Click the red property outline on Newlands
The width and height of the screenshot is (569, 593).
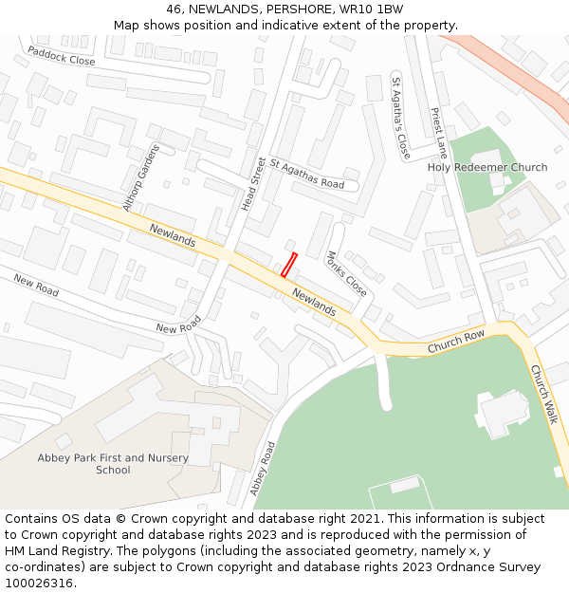click(289, 265)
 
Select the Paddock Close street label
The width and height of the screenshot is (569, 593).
click(62, 55)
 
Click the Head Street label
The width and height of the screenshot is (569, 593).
click(253, 183)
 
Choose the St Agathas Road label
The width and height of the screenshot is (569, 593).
click(306, 174)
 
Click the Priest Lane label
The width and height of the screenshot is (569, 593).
click(438, 132)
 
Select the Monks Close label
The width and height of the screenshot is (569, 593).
click(345, 272)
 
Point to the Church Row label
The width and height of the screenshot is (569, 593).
click(455, 341)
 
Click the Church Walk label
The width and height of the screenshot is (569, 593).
click(543, 394)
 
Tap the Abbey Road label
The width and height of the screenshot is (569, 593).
click(261, 469)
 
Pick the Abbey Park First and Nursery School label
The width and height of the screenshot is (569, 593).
click(113, 464)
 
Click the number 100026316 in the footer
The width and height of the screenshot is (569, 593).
click(39, 583)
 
